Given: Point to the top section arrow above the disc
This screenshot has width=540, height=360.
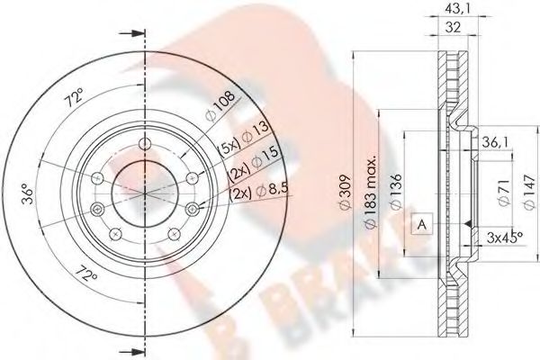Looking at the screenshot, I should (x=135, y=35).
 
